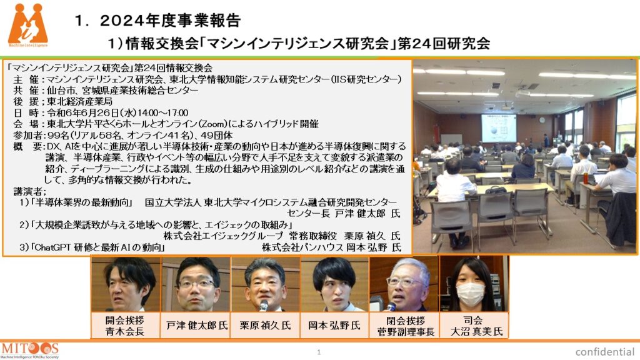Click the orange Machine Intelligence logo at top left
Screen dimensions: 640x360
click(27, 24)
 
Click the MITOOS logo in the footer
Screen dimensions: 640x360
click(30, 351)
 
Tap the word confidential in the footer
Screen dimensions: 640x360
click(605, 351)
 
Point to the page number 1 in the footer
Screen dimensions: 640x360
click(319, 352)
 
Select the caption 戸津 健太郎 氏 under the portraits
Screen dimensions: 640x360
click(196, 325)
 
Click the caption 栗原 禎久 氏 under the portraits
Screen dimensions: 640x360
click(265, 325)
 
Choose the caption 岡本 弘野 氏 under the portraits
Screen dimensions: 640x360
click(335, 325)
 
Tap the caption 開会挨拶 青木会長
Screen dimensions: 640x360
click(125, 326)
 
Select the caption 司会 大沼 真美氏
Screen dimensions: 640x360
click(476, 326)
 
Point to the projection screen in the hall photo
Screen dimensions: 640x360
click(498, 127)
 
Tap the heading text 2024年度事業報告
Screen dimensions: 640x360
click(170, 21)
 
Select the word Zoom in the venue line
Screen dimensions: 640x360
click(213, 124)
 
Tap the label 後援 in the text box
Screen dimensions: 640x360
click(26, 102)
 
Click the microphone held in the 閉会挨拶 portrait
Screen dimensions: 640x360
click(391, 306)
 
